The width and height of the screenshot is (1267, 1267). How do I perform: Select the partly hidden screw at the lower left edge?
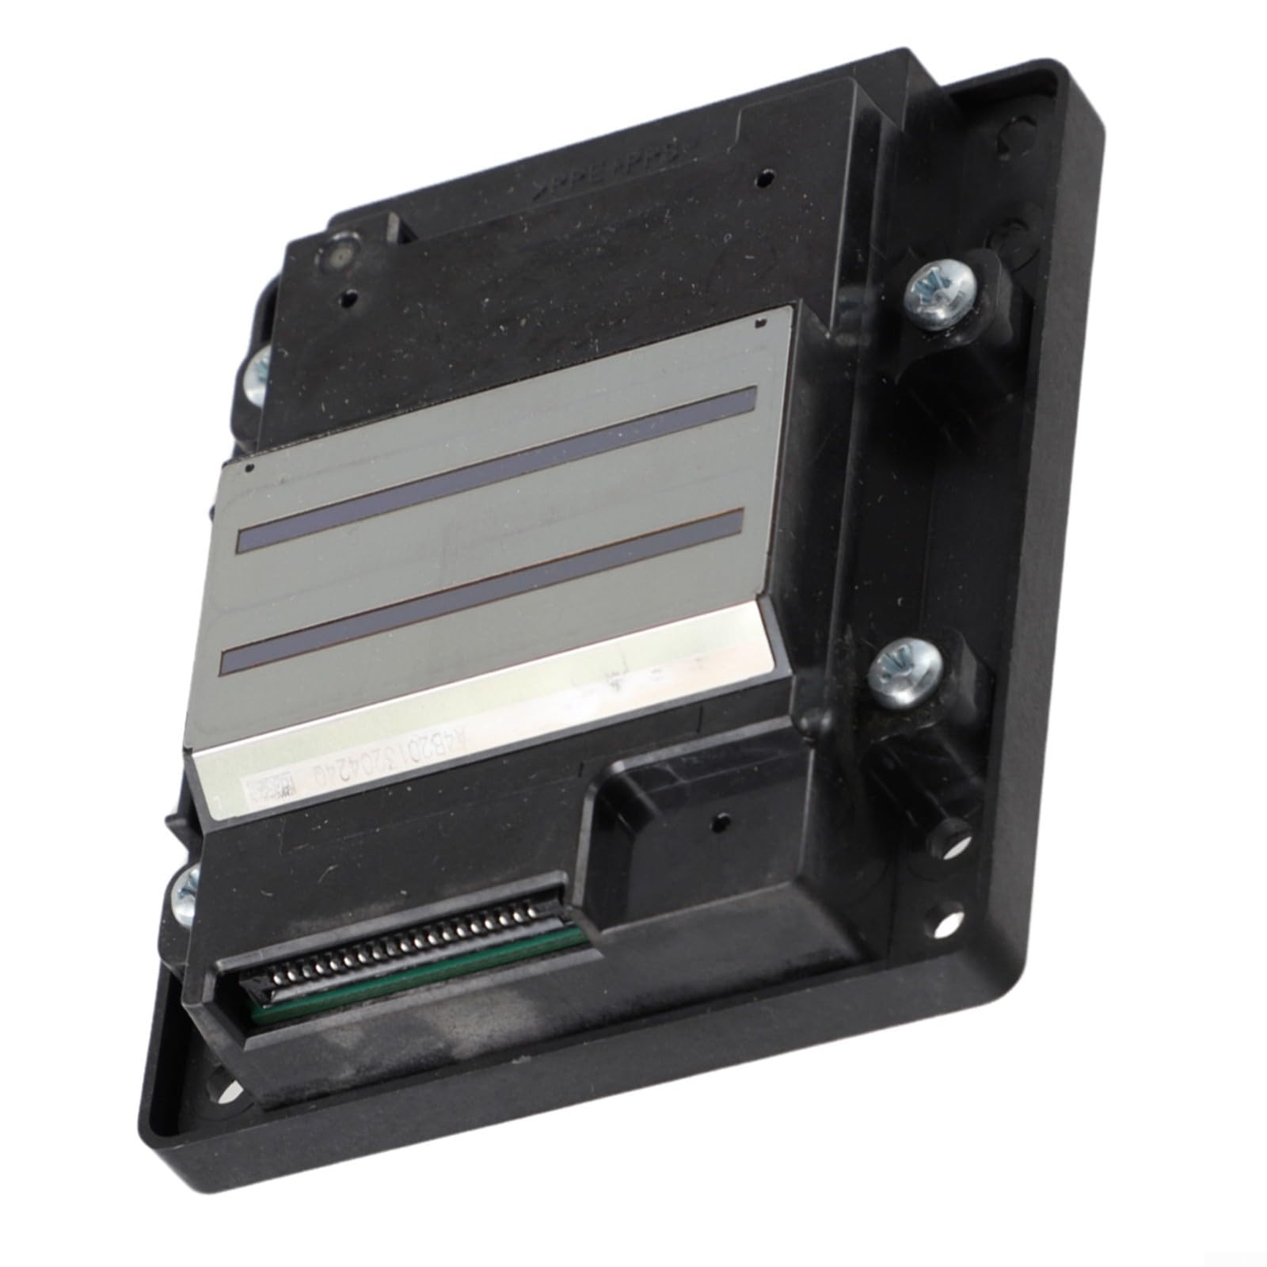tap(185, 892)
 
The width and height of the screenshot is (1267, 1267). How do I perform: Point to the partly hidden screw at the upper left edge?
tap(258, 371)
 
